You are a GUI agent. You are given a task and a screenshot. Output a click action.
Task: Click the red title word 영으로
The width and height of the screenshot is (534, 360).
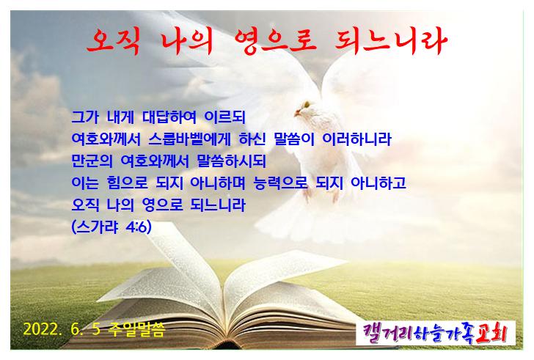pyautogui.click(x=276, y=41)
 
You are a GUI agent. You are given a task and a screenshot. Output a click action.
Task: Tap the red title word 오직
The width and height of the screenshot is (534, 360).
pyautogui.click(x=113, y=41)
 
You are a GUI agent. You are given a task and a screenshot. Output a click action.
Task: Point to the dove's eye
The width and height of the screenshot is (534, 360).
pyautogui.click(x=307, y=104)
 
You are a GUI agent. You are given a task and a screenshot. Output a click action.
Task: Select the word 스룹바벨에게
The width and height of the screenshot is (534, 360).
pyautogui.click(x=189, y=139)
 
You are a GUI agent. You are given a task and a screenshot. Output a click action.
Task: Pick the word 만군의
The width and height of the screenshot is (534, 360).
pyautogui.click(x=92, y=161)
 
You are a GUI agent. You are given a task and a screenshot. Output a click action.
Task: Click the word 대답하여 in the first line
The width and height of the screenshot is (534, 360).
pyautogui.click(x=169, y=117)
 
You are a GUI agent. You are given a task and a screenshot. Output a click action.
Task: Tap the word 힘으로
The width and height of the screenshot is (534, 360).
pyautogui.click(x=127, y=183)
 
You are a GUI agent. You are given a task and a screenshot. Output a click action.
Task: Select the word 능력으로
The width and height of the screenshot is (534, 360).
pyautogui.click(x=281, y=183)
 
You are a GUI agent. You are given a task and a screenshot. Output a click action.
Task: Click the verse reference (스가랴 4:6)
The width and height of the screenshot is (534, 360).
pyautogui.click(x=111, y=227)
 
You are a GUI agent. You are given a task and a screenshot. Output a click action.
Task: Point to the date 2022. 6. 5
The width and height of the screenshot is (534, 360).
pyautogui.click(x=62, y=328)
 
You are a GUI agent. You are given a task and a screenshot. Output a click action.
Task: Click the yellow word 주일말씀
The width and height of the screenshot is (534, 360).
pyautogui.click(x=136, y=329)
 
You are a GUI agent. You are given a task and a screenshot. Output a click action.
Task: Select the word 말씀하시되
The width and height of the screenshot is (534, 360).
pyautogui.click(x=231, y=161)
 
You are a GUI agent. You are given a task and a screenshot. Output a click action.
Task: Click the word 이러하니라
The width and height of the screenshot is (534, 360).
pyautogui.click(x=357, y=139)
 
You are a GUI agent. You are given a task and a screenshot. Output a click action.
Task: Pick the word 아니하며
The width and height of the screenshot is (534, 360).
pyautogui.click(x=217, y=183)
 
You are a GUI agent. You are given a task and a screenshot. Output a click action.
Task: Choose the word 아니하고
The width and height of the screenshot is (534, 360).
pyautogui.click(x=378, y=183)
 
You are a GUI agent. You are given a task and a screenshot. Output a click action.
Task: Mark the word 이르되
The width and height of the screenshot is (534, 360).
pyautogui.click(x=224, y=117)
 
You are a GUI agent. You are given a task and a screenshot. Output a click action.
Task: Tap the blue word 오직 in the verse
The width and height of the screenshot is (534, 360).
pyautogui.click(x=86, y=205)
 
